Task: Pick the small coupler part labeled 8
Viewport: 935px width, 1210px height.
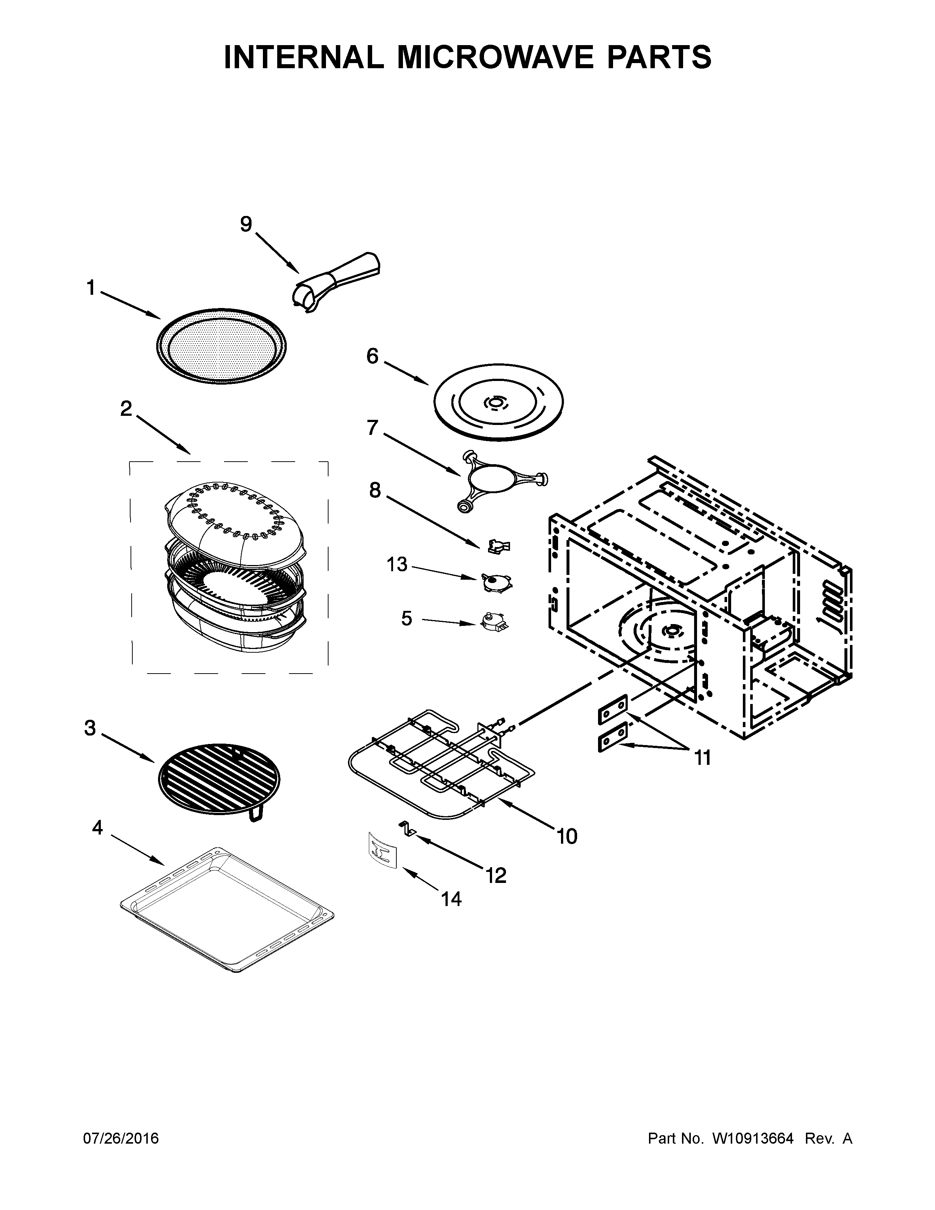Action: click(x=499, y=547)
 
